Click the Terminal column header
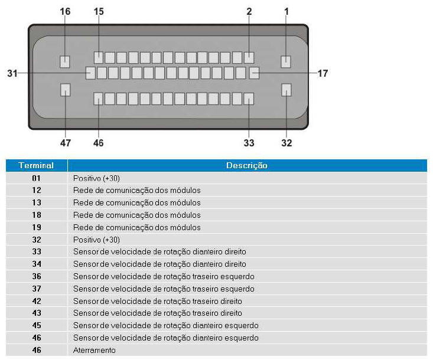36,165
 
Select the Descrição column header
246,165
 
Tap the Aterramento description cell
94,350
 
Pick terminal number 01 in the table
37,178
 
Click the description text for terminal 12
136,191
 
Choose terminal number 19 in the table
37,227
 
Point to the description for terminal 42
157,301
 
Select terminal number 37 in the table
37,289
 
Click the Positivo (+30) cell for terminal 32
96,240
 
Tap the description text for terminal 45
165,326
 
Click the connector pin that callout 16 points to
65,61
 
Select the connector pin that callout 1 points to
286,61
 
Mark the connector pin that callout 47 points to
65,90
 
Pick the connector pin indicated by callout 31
90,73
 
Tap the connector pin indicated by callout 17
255,73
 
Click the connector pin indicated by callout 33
249,99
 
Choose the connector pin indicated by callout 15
99,58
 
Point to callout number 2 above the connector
249,12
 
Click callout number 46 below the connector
98,143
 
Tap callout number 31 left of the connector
12,73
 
